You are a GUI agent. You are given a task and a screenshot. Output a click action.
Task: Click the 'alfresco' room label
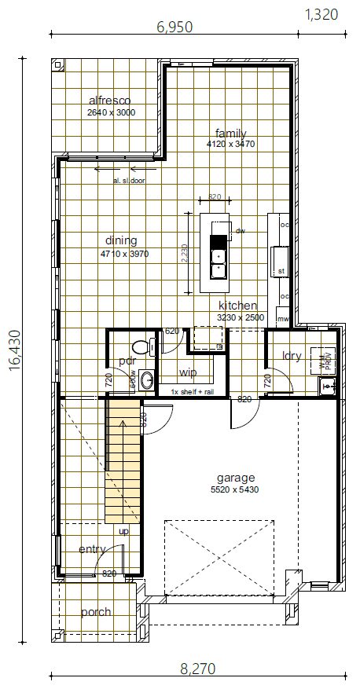(x=109, y=101)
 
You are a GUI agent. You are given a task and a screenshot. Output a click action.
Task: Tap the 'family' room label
(x=231, y=133)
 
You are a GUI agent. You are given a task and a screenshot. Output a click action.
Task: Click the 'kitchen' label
(x=238, y=306)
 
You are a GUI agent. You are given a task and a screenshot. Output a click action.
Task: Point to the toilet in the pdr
(x=141, y=346)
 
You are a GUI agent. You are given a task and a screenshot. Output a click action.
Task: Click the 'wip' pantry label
(x=188, y=372)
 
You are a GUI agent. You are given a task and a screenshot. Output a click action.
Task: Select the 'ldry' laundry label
(x=292, y=356)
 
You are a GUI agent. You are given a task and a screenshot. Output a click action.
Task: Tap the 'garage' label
(x=236, y=477)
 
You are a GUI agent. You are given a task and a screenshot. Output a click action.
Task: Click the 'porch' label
(x=96, y=612)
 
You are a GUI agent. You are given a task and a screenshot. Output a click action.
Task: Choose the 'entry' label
(x=93, y=549)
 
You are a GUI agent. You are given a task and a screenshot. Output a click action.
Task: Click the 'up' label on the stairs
(x=123, y=532)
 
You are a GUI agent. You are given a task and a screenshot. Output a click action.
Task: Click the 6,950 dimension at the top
(x=174, y=27)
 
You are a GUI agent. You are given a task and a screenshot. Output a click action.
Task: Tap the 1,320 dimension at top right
(x=321, y=13)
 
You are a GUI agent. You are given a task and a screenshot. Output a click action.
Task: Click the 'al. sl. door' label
(x=129, y=181)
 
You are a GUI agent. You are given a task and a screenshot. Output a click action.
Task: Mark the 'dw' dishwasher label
(x=241, y=230)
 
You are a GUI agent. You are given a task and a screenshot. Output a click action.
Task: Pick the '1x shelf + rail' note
(x=192, y=391)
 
